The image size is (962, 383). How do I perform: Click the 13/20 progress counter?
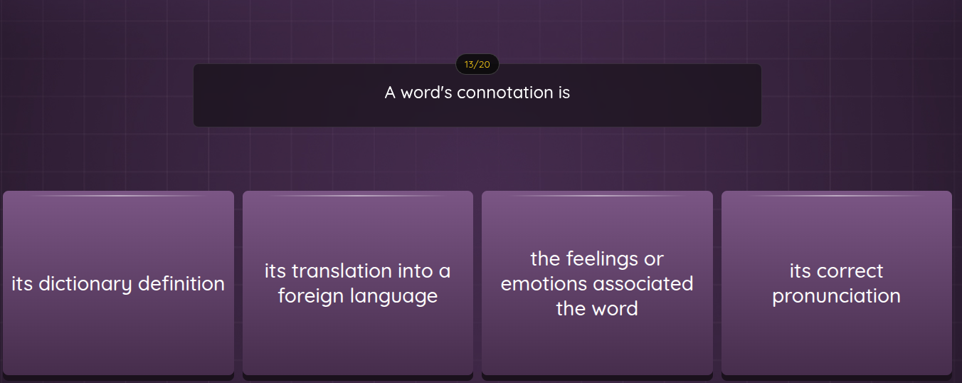point(477,65)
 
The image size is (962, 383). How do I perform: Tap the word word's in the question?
point(426,93)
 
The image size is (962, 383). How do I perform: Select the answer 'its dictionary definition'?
point(118,283)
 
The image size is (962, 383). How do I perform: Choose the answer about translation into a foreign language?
point(357,283)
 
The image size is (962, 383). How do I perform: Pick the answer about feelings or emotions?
point(597,283)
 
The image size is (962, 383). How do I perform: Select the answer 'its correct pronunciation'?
point(836,283)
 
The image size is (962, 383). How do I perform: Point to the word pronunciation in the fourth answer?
point(836,296)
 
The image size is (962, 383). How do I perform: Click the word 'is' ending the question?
point(564,93)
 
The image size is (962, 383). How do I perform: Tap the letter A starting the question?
point(390,93)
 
